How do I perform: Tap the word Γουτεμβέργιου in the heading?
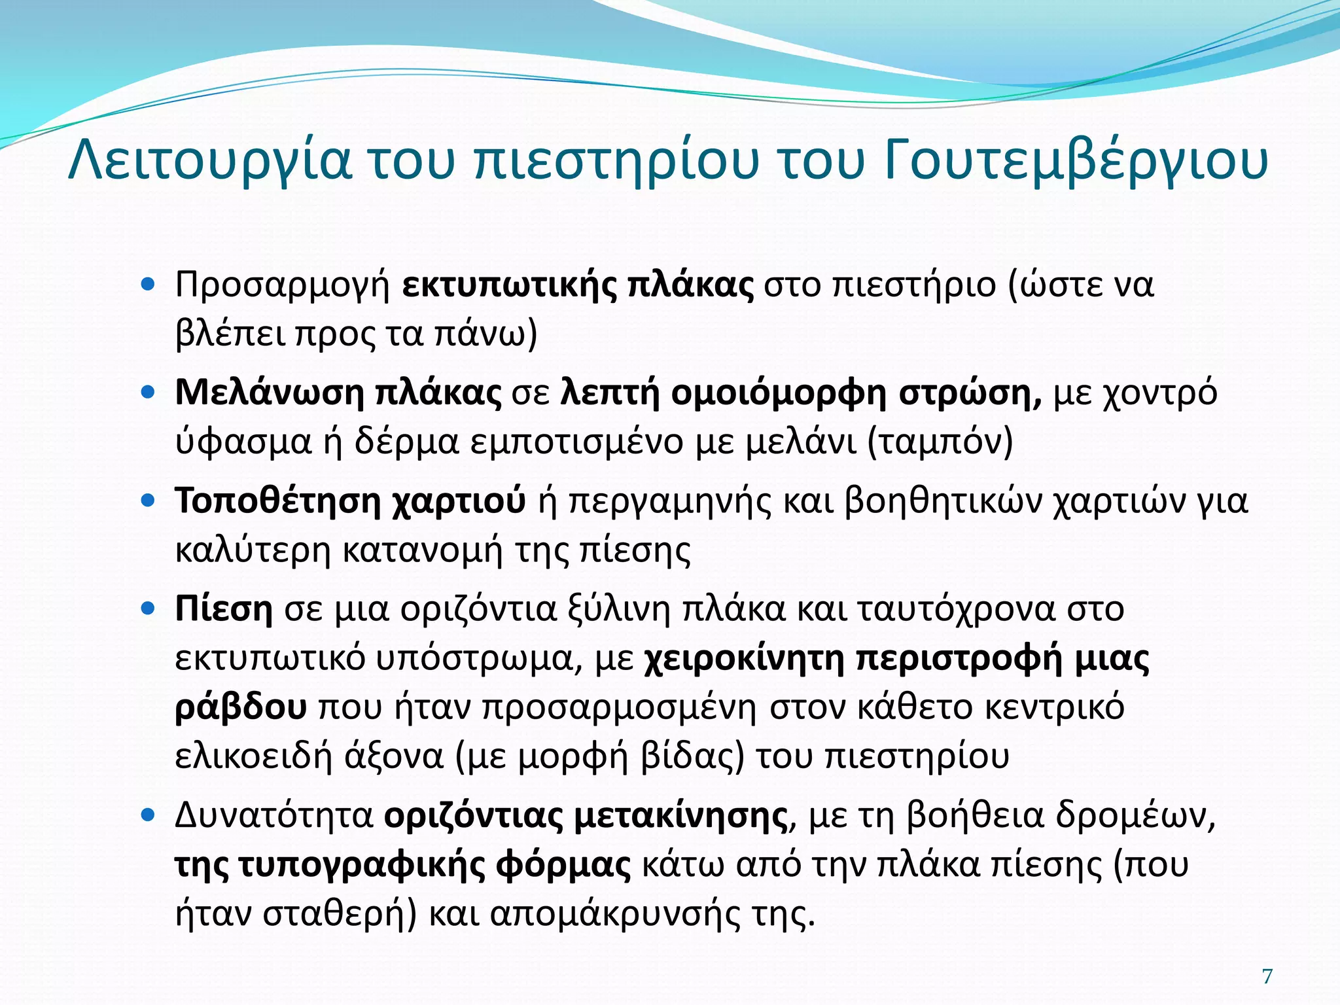[x=1076, y=162]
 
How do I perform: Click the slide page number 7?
[x=1267, y=976]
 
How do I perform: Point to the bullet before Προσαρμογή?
[x=148, y=285]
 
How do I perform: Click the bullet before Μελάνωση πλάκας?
[x=148, y=393]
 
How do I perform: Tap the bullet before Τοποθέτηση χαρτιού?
[x=148, y=501]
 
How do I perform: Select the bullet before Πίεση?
[x=148, y=608]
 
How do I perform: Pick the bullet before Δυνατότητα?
[x=148, y=816]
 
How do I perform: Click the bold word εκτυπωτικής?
[x=508, y=286]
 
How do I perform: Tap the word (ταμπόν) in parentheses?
[x=940, y=443]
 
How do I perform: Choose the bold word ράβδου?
[x=241, y=708]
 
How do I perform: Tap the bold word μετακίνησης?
[x=680, y=816]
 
